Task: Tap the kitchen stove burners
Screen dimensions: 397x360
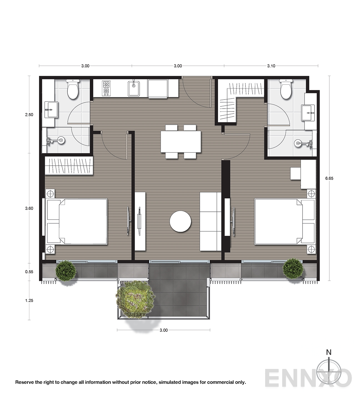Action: tap(106, 88)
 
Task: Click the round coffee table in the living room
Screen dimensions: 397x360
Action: tap(181, 221)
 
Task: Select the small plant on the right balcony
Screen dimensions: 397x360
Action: tap(293, 268)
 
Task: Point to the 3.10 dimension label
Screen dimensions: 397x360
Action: tap(271, 66)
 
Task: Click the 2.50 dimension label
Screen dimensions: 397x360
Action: tap(29, 115)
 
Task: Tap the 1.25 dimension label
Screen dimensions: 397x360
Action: tap(29, 300)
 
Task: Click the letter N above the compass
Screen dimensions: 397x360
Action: tap(329, 352)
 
